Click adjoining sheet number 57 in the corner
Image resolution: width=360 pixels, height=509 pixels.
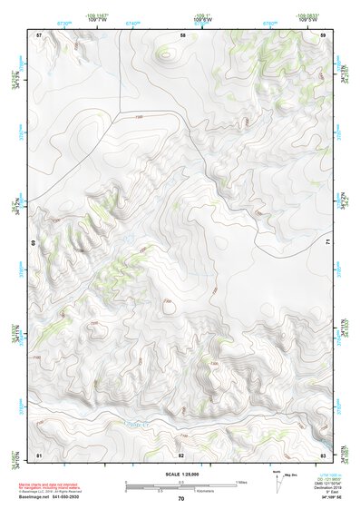coord(39,34)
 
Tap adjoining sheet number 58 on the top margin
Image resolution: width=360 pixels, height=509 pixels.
coord(182,34)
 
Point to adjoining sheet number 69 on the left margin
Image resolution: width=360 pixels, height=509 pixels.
coord(34,243)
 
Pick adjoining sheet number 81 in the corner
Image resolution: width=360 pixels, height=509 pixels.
coord(39,453)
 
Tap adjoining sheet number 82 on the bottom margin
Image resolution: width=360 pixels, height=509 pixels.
coord(181,453)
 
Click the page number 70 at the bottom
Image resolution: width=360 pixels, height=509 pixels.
coord(181,498)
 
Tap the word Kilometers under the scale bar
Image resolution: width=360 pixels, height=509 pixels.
coord(208,493)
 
